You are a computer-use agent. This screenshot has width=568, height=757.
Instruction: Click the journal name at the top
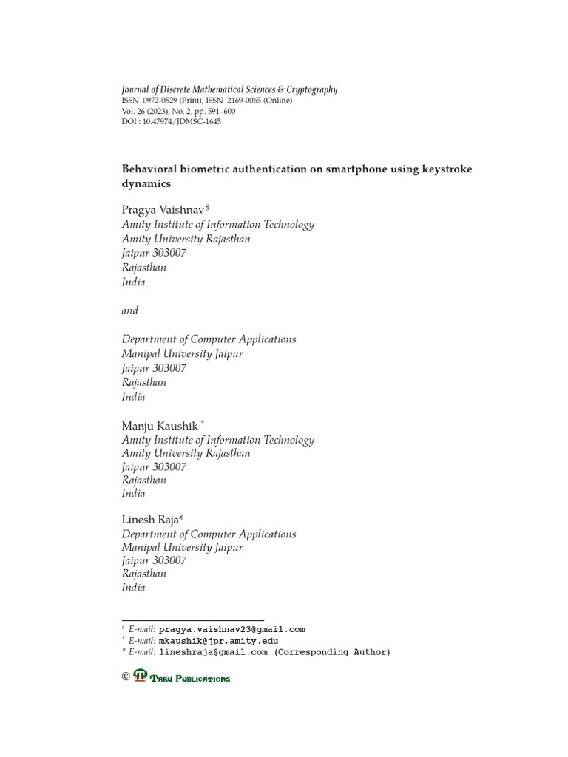[x=229, y=89]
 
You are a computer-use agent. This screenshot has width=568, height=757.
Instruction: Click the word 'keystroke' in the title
[x=446, y=169]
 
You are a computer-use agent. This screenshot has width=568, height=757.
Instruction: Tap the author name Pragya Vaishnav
[x=163, y=211]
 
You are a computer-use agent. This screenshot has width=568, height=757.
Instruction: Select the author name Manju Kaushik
[x=160, y=426]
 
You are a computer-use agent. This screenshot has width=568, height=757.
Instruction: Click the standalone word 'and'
[x=129, y=310]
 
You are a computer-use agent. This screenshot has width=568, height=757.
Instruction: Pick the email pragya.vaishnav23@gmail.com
[x=231, y=630]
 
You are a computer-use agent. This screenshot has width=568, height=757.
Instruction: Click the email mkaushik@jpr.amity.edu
[x=218, y=641]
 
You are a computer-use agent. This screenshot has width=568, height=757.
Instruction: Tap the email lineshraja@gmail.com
[x=213, y=652]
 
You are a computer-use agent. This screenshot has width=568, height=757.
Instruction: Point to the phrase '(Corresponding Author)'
[x=332, y=652]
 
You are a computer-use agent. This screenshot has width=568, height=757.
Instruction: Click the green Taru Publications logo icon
[x=141, y=676]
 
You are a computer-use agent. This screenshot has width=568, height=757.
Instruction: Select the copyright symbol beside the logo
[x=126, y=676]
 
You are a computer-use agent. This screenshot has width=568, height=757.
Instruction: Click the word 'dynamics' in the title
[x=146, y=183]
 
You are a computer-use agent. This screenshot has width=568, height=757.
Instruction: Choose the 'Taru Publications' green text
[x=190, y=679]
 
